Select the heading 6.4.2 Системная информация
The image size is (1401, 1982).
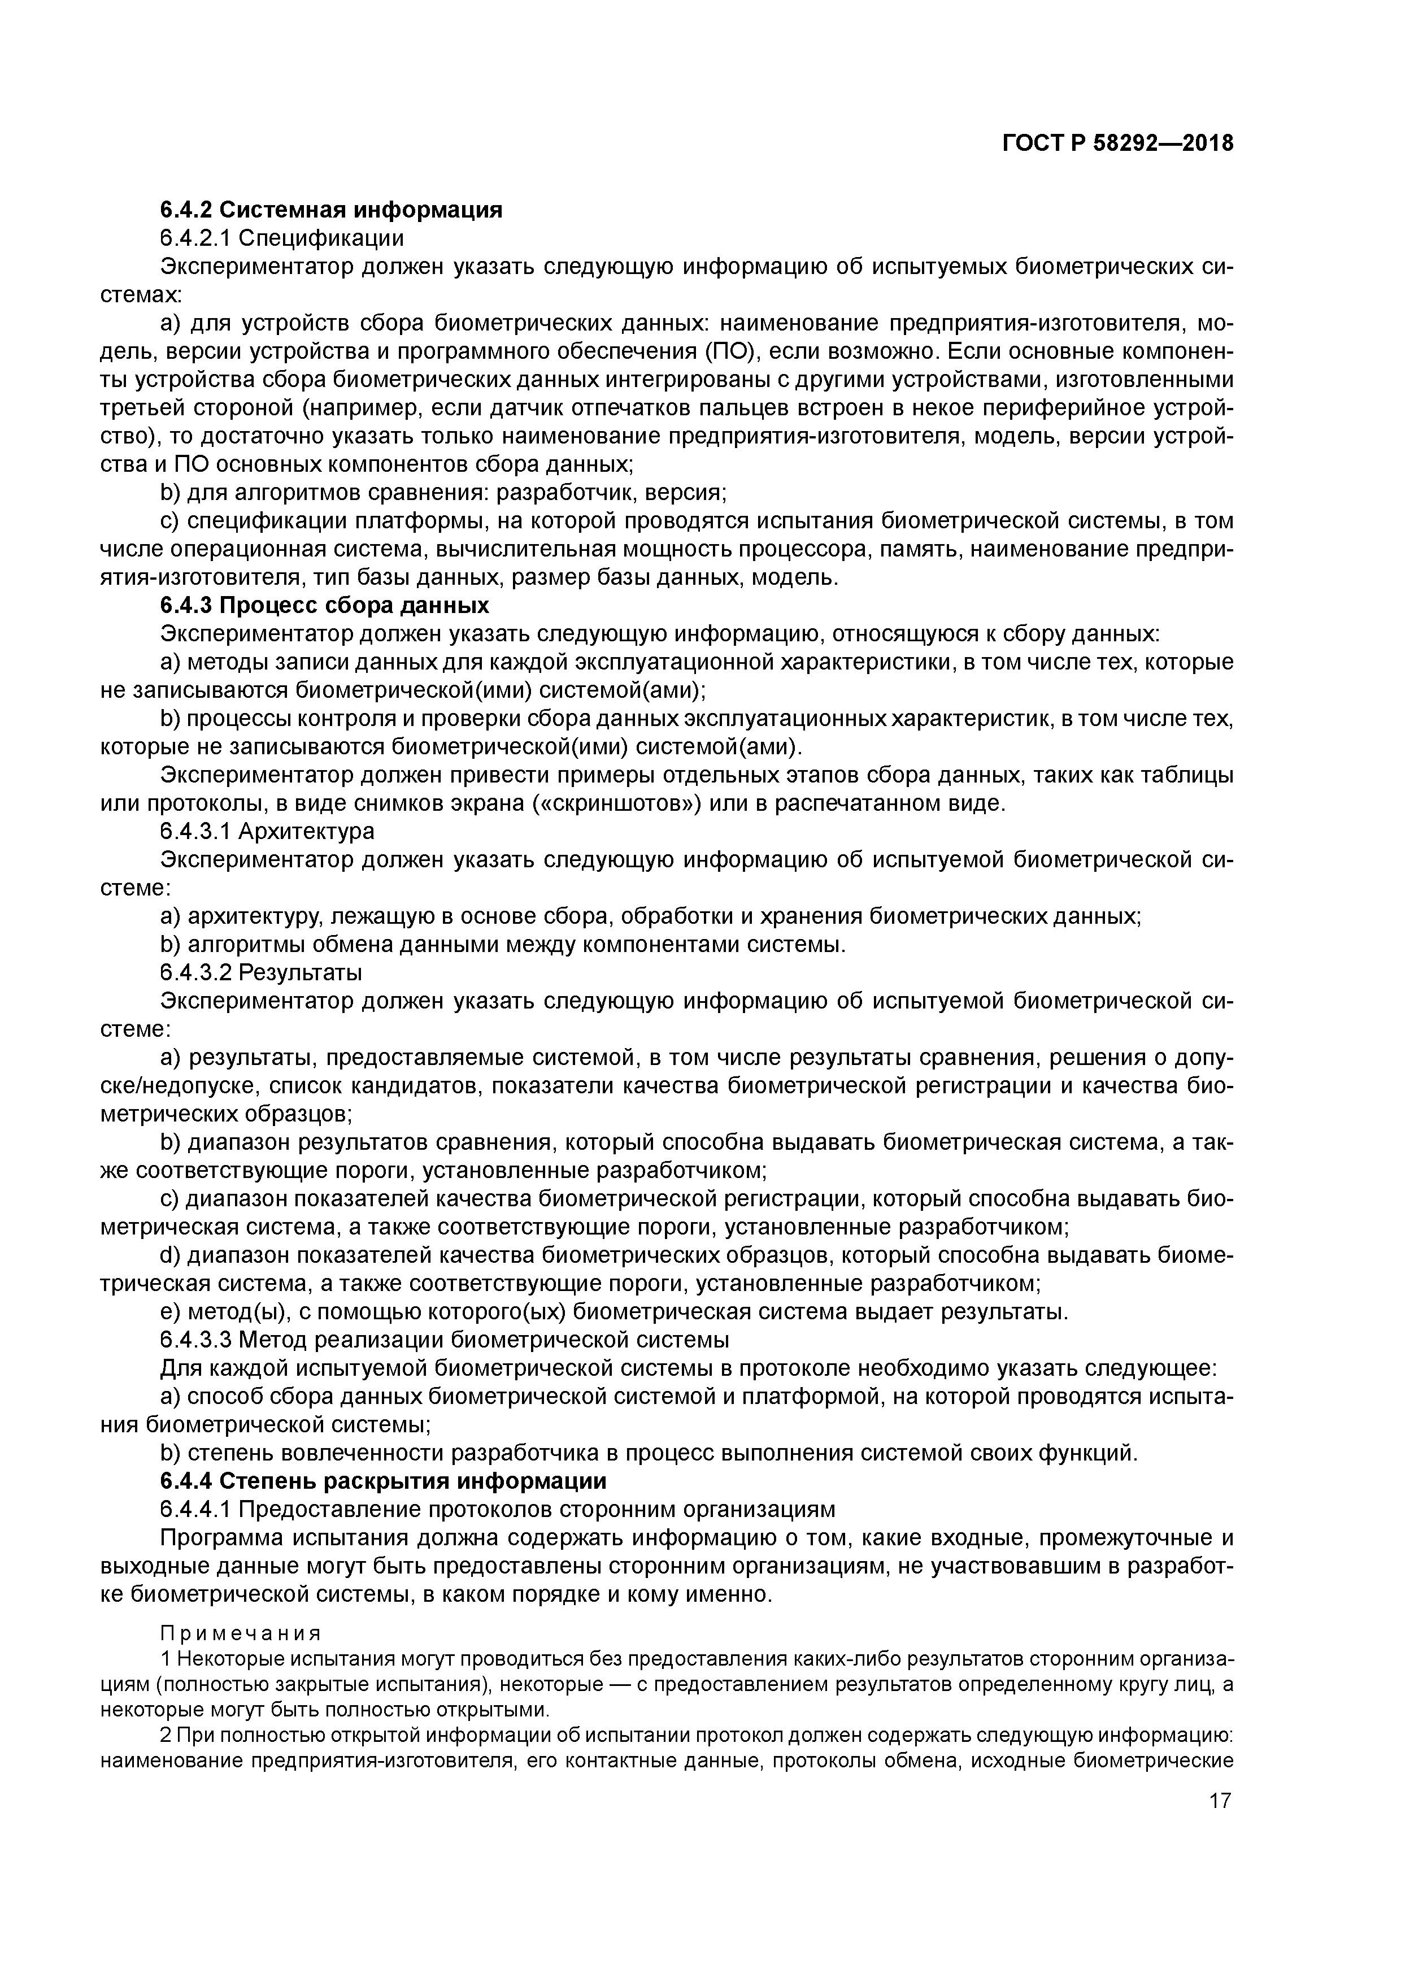coord(330,209)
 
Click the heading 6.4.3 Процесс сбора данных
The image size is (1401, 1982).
coord(325,605)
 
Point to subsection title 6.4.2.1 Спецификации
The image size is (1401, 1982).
coord(281,237)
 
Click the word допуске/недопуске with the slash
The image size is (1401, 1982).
coord(1195,1058)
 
